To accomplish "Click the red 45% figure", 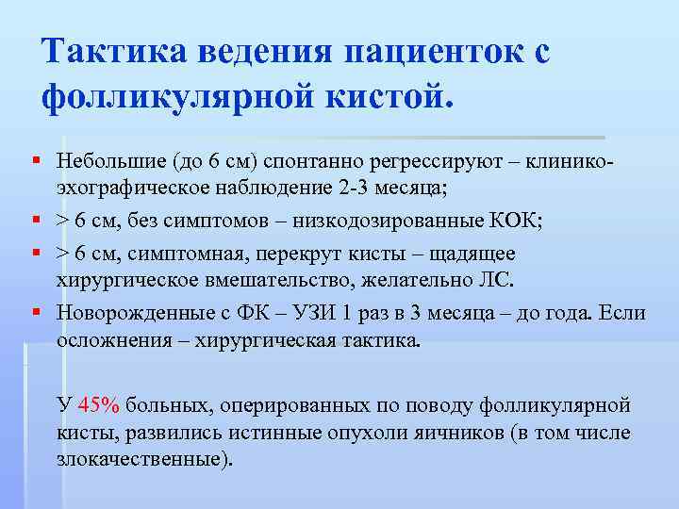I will (100, 406).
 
